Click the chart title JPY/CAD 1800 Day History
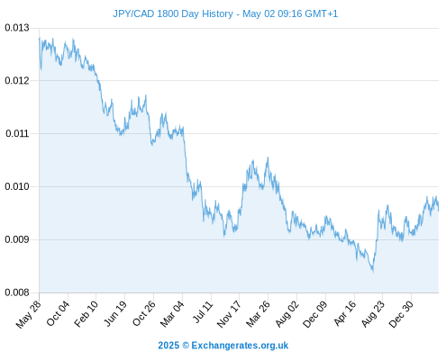[x=173, y=13]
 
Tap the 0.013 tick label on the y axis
[x=17, y=28]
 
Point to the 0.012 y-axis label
[x=17, y=80]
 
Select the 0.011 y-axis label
[x=17, y=133]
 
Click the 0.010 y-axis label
[x=17, y=186]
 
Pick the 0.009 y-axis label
[x=17, y=239]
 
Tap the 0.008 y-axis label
[x=17, y=292]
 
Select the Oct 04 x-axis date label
[x=58, y=313]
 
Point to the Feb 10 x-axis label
[x=86, y=313]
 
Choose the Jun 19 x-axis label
[x=115, y=313]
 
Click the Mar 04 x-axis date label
[x=172, y=313]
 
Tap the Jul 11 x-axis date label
[x=203, y=312]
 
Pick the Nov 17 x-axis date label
[x=229, y=313]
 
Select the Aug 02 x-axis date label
[x=287, y=313]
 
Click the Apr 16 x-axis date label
[x=345, y=313]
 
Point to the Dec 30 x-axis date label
[x=401, y=314]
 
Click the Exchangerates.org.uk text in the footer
[x=240, y=346]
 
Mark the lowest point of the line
[x=373, y=272]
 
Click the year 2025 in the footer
[x=168, y=346]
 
